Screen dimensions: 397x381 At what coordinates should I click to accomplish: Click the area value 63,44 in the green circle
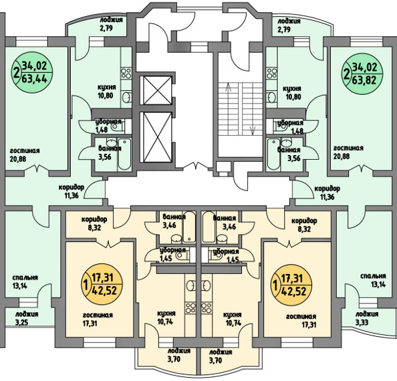35,79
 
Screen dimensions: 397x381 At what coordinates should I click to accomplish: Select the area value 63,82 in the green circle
364,80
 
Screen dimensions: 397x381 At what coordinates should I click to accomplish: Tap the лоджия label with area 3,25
27,314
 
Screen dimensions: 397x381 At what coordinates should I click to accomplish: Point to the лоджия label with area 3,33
367,314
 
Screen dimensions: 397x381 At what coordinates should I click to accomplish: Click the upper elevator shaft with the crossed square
158,90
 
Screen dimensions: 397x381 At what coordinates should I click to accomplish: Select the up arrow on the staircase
229,88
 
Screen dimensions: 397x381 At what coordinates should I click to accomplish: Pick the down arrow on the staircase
253,130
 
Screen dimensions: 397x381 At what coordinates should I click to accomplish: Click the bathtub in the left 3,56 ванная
124,154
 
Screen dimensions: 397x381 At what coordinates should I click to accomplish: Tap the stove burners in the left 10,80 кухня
126,73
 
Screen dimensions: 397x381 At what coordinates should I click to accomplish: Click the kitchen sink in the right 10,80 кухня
272,98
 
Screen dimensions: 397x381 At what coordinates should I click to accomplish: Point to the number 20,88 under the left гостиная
18,159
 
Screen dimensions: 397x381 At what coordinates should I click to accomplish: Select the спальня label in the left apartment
25,277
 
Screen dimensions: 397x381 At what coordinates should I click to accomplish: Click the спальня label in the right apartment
373,276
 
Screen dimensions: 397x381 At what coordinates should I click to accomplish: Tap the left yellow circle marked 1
102,285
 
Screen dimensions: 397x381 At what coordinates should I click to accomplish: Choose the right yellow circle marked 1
291,285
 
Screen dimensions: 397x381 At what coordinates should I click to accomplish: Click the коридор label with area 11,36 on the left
72,188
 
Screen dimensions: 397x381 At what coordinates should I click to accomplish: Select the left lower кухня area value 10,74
165,323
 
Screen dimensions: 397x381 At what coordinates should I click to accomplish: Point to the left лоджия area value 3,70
174,359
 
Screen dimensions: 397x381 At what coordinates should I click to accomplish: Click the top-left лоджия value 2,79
106,28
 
